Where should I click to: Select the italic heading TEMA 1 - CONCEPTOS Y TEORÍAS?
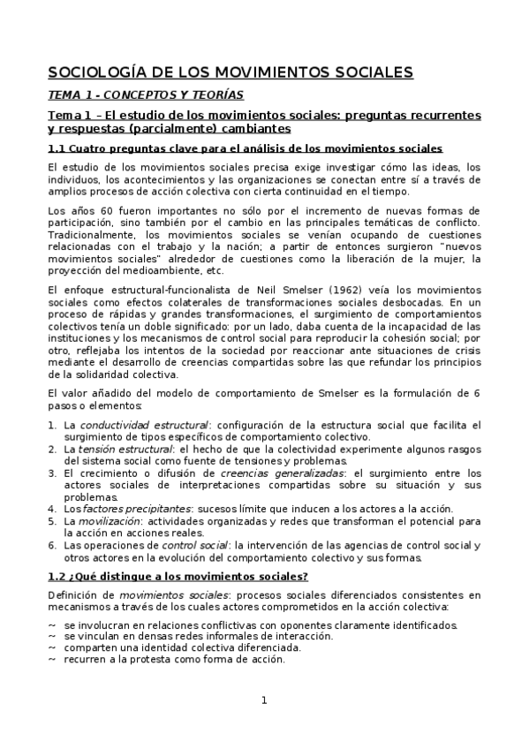pos(145,95)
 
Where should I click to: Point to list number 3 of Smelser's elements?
pos(51,473)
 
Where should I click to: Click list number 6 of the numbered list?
pos(51,545)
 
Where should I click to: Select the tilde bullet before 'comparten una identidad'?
pos(51,647)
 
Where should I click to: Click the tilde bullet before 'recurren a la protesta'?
pos(51,659)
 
